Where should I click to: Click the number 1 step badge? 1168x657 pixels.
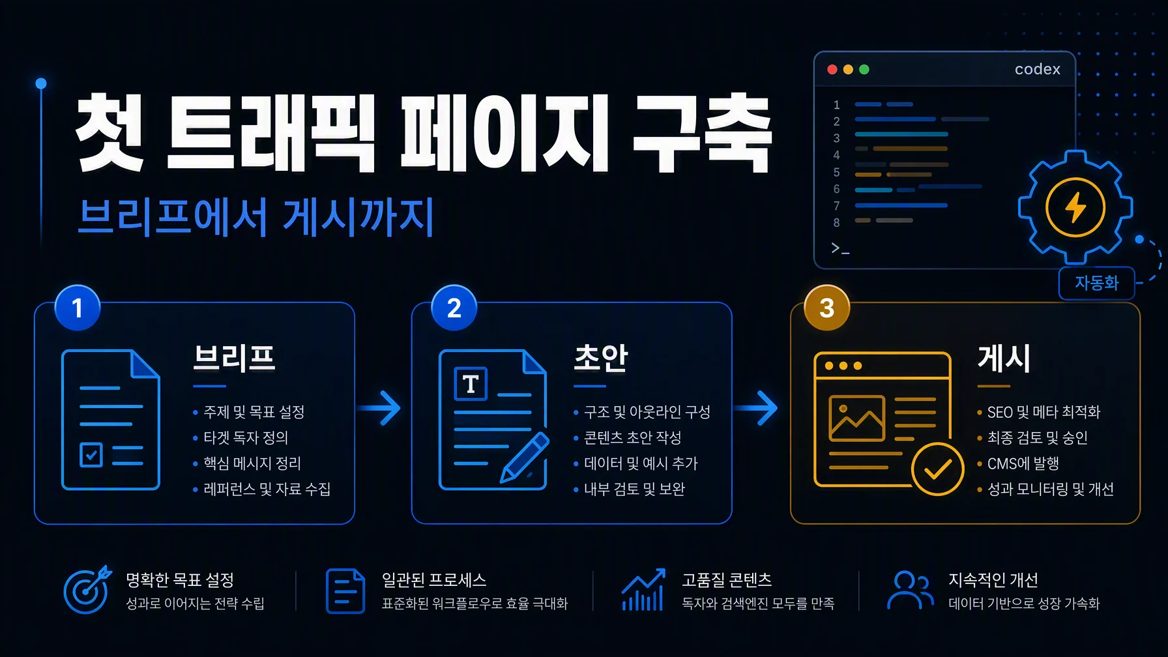tap(78, 308)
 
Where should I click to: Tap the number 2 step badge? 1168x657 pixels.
tap(454, 308)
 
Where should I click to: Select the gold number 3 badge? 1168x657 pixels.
tap(827, 308)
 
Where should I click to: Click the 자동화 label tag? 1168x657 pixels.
tap(1097, 283)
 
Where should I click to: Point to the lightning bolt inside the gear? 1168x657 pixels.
tap(1075, 208)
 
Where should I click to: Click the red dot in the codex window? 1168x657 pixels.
tap(832, 70)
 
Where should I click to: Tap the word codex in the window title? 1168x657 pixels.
tap(1038, 69)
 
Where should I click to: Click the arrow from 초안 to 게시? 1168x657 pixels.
tap(756, 408)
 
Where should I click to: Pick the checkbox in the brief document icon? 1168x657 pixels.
tap(91, 455)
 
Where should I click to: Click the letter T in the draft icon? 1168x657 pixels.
tap(471, 384)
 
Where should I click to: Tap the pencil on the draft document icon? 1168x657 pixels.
tap(525, 458)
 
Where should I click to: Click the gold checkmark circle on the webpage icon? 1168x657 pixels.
tap(937, 469)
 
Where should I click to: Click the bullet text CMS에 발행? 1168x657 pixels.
tap(1023, 463)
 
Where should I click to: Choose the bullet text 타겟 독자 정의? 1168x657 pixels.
tap(246, 437)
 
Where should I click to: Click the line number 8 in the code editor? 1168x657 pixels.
tap(837, 222)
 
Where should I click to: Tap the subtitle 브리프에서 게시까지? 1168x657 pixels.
tap(256, 217)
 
